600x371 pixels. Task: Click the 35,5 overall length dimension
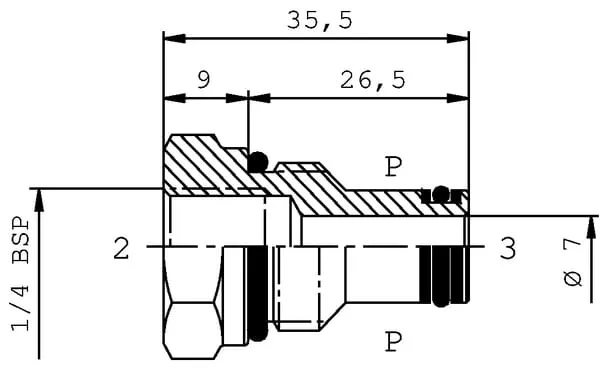[x=320, y=21]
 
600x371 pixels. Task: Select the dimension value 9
[x=204, y=80]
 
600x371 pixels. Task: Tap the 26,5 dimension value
[x=373, y=81]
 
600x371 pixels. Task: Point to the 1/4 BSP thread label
[x=21, y=274]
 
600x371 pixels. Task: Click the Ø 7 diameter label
[x=572, y=262]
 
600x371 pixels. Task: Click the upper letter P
[x=393, y=167]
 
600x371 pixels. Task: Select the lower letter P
[x=393, y=342]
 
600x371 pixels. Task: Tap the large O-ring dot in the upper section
[x=258, y=162]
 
